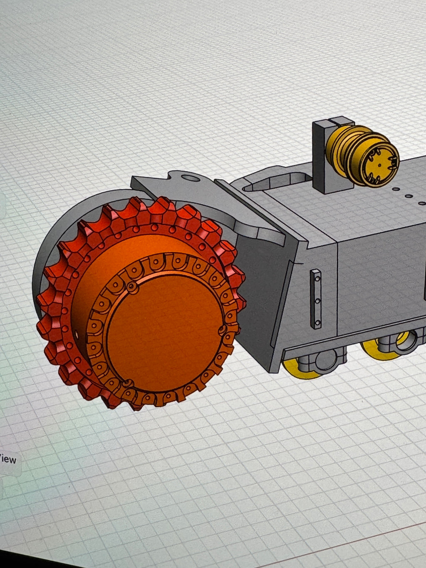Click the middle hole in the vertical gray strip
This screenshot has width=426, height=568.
(317, 299)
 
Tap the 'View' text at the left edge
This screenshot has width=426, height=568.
(8, 459)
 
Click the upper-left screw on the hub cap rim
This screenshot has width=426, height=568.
(132, 287)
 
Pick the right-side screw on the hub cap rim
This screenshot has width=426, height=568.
(222, 330)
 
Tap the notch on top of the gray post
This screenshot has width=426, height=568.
(333, 121)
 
